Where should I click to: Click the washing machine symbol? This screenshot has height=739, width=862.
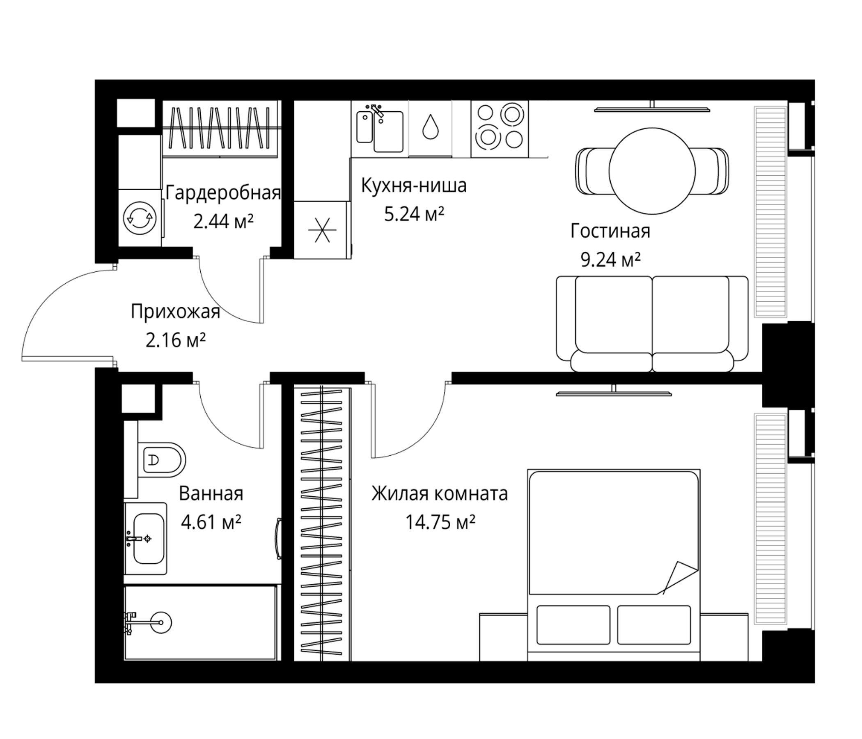[x=140, y=218]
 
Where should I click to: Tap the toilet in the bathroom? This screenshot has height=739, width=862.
[x=161, y=459]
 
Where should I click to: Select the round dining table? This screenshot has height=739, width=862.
[x=652, y=171]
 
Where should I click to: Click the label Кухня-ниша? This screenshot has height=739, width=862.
[x=413, y=186]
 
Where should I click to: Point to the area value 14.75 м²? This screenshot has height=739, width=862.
[x=440, y=522]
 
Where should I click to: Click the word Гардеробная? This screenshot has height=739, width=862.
[x=223, y=193]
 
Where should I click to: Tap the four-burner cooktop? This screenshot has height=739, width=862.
[x=500, y=129]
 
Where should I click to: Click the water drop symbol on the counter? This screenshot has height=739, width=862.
[x=430, y=126]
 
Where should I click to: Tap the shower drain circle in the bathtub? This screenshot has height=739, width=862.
[x=160, y=622]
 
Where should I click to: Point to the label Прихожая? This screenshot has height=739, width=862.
[x=175, y=312]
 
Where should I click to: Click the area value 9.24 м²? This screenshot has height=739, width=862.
[x=610, y=260]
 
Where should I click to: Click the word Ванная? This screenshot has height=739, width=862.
[x=211, y=494]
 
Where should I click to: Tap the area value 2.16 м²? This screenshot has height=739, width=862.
[x=176, y=340]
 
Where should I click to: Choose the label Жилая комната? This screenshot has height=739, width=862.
[x=440, y=494]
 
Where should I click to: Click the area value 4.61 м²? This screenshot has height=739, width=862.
[x=211, y=522]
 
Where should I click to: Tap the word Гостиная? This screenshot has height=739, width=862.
[x=610, y=232]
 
